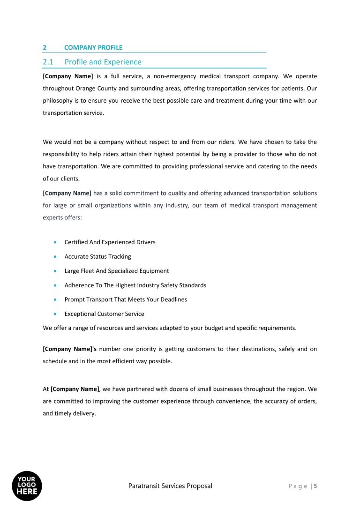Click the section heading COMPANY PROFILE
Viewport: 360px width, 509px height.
[93, 47]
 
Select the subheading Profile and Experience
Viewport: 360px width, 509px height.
[103, 62]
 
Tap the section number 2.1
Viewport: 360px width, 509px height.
[48, 62]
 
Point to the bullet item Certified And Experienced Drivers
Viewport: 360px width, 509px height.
[110, 242]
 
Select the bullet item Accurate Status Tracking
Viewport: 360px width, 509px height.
[97, 256]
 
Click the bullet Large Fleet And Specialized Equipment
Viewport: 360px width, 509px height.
[116, 271]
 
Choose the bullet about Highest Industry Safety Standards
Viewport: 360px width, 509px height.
[135, 285]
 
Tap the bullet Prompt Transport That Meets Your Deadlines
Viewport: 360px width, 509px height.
[126, 299]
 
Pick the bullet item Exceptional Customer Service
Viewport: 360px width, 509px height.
[104, 314]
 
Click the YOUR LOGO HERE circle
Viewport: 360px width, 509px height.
[27, 486]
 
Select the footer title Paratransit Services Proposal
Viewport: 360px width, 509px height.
[170, 486]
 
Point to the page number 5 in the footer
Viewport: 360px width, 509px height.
[315, 486]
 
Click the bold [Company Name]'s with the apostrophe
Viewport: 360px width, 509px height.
[69, 349]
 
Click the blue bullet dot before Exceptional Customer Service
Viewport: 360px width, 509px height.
[55, 314]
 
